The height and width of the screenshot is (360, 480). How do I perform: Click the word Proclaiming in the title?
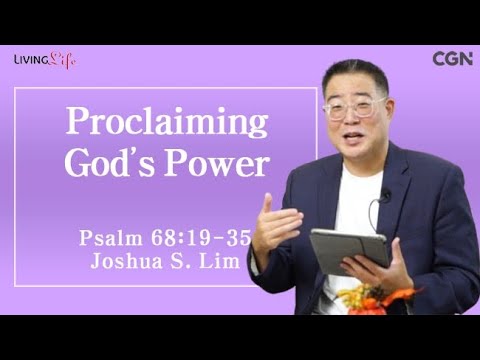(167, 122)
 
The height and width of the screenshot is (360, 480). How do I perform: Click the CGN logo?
(452, 59)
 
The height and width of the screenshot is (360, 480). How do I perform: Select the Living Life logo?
(44, 60)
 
